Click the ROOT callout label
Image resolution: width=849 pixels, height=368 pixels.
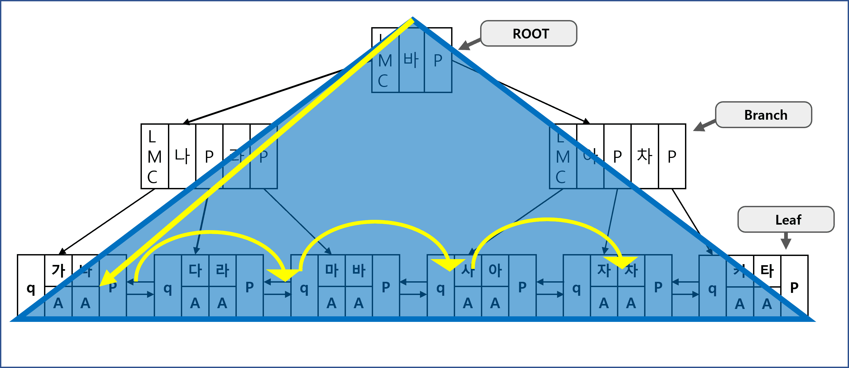coord(529,33)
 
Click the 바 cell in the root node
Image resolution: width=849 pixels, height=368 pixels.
coord(411,60)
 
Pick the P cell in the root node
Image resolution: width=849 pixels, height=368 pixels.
coord(438,60)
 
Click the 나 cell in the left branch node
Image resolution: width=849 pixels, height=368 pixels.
coord(182,156)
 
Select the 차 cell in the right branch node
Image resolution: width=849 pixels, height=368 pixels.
coord(645,156)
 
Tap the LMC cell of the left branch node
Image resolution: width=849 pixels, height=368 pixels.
coord(155,156)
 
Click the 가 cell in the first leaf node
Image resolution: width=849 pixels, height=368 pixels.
coord(58,270)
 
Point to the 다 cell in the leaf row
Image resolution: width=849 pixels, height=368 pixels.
coord(195,270)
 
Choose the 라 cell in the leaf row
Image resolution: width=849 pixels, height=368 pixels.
coord(223,270)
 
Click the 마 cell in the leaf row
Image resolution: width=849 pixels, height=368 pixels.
coord(332,270)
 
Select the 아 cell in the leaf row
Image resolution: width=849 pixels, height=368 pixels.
coord(495,270)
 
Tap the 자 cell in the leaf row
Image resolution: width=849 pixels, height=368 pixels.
coord(604,270)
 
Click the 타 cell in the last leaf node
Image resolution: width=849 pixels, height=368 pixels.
coord(767,270)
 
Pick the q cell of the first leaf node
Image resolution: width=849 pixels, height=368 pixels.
coord(31,288)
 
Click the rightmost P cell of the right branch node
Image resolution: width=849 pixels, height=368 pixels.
coord(672,156)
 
